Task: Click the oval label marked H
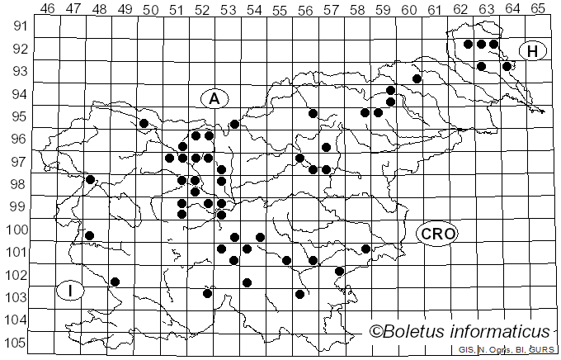point(533,51)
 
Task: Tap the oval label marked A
point(214,98)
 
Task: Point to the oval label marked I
point(71,291)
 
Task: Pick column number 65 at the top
point(537,8)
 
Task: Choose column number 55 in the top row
point(279,8)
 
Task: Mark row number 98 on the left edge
point(16,183)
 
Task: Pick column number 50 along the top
point(150,8)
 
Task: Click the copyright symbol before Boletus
point(376,332)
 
